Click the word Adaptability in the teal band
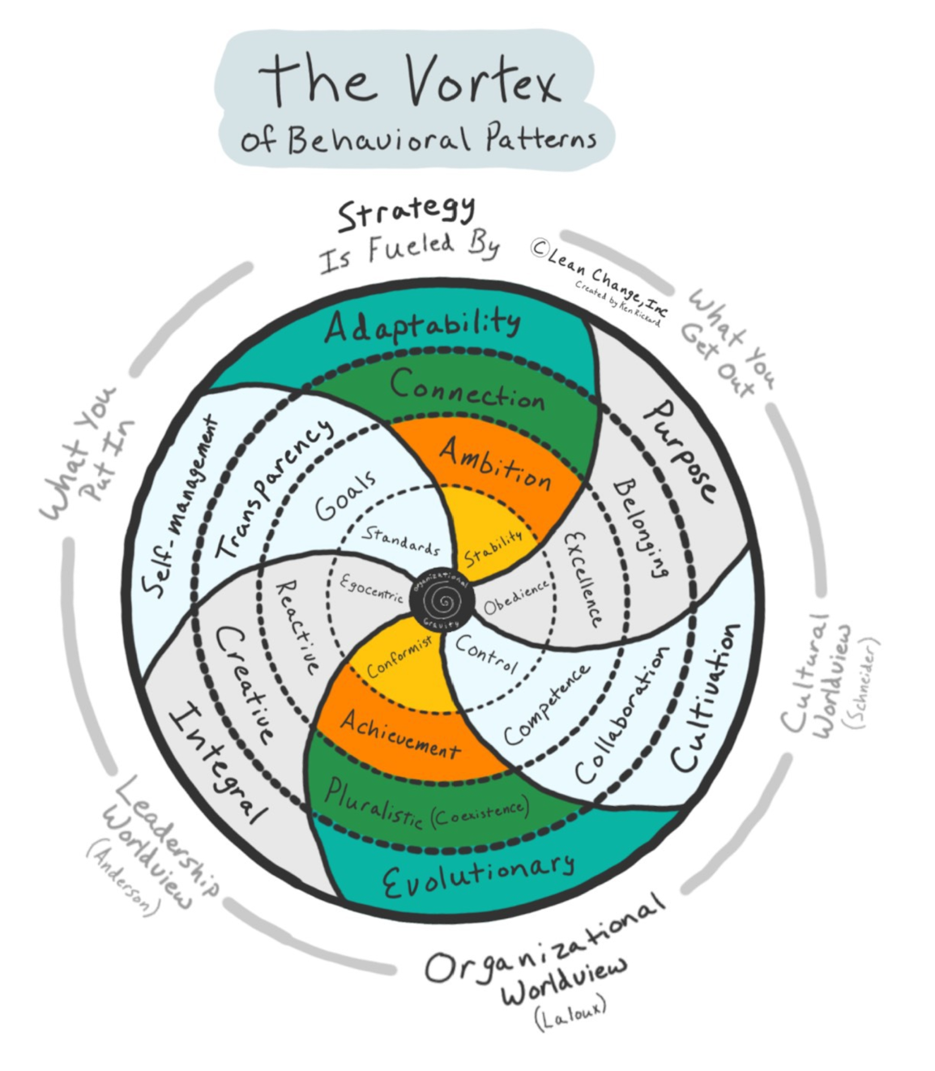pyautogui.click(x=422, y=326)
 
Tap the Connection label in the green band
pyautogui.click(x=467, y=388)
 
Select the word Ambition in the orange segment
pyautogui.click(x=495, y=464)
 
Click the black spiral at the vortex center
pyautogui.click(x=442, y=601)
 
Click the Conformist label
pyautogui.click(x=399, y=655)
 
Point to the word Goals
pyautogui.click(x=346, y=496)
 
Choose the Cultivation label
pyautogui.click(x=706, y=698)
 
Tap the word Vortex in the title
pyautogui.click(x=483, y=81)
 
